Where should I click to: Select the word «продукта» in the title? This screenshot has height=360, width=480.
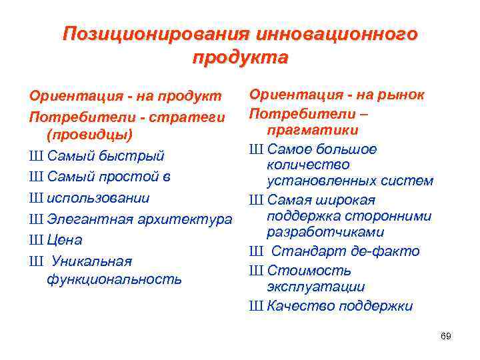point(240,57)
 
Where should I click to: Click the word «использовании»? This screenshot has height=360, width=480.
point(98,198)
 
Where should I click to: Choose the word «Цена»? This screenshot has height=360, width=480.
point(65,240)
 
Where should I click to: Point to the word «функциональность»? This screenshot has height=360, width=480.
point(114,279)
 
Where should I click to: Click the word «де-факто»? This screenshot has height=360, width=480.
point(386,251)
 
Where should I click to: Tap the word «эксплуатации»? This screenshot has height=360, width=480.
point(315,287)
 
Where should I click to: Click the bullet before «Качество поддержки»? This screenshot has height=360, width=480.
point(256,307)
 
